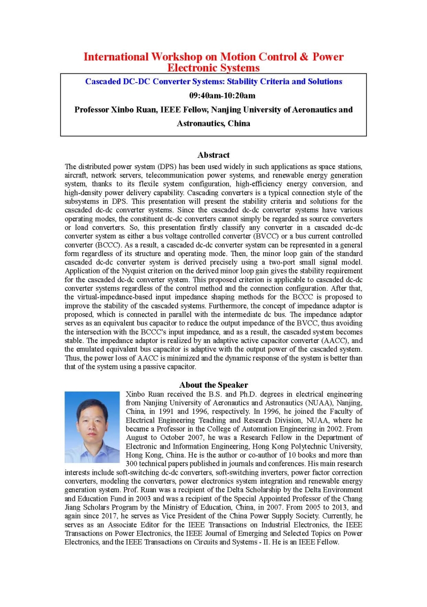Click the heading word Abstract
(213, 155)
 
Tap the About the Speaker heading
(213, 385)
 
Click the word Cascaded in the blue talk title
(106, 82)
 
